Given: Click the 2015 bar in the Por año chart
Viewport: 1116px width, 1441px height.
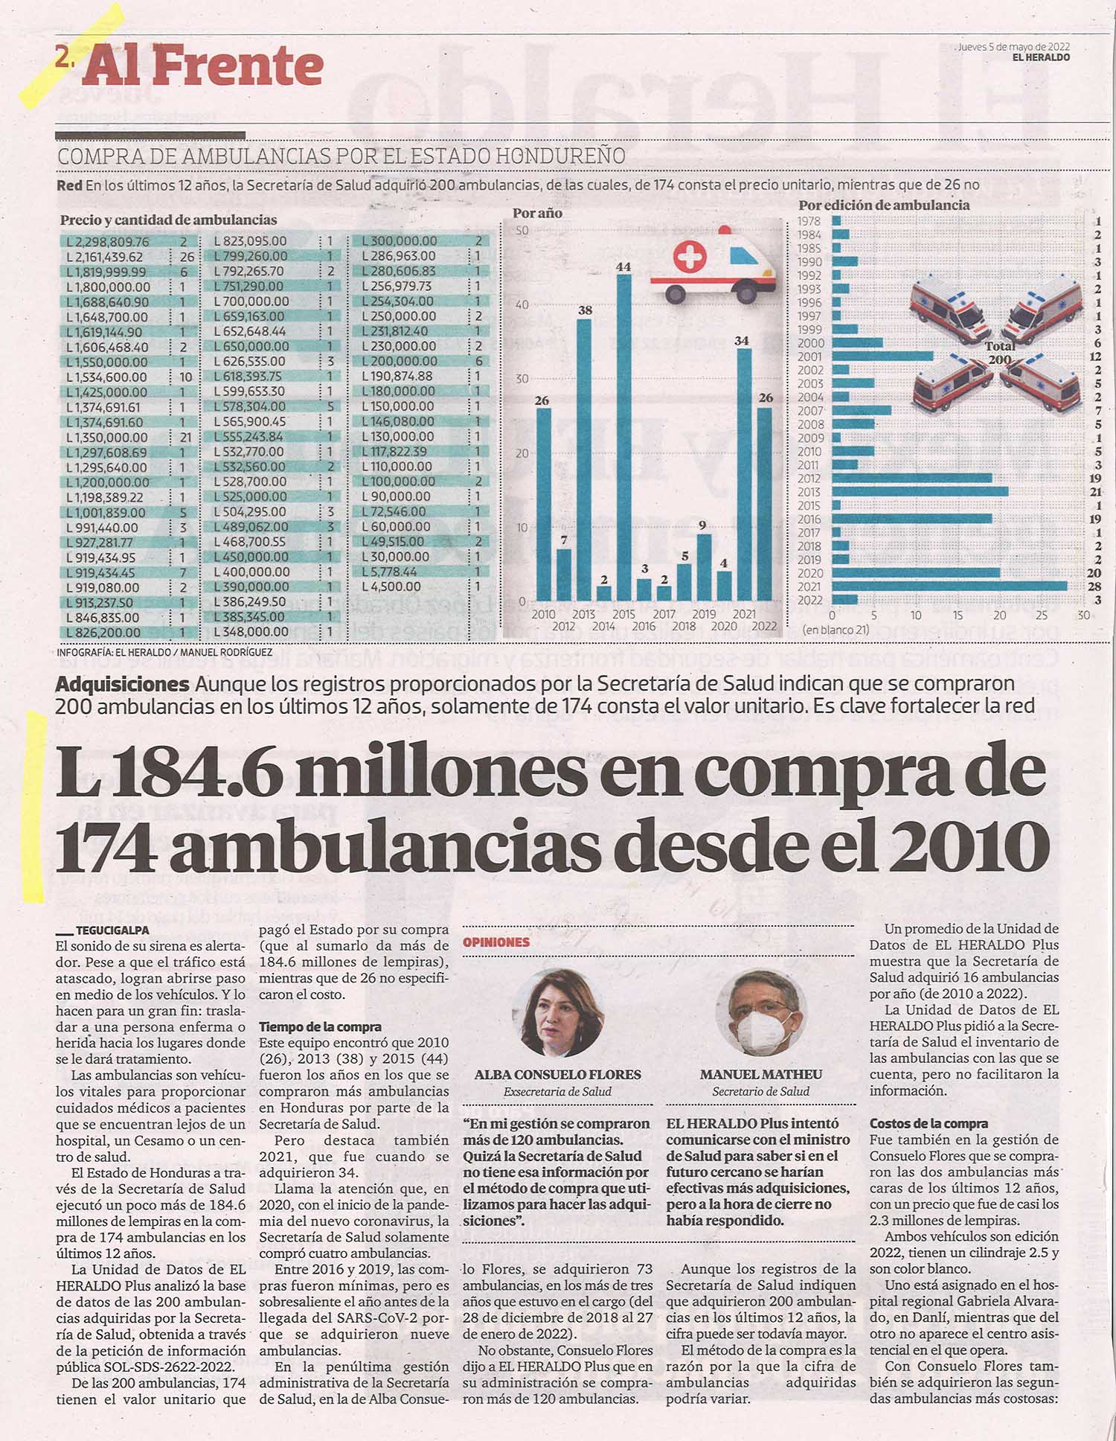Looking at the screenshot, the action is pyautogui.click(x=624, y=438).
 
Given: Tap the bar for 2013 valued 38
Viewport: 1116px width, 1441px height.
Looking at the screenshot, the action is pyautogui.click(x=584, y=460).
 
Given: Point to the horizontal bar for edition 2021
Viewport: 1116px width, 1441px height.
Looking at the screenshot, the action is pyautogui.click(x=949, y=587).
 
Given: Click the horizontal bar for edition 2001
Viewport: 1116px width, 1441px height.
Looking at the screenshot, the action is pyautogui.click(x=882, y=357).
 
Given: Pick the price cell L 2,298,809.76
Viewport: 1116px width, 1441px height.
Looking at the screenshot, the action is pyautogui.click(x=107, y=242).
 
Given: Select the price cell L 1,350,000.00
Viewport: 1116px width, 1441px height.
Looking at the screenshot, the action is pyautogui.click(x=107, y=438).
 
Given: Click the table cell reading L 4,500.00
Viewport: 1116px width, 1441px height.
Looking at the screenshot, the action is pyautogui.click(x=391, y=587).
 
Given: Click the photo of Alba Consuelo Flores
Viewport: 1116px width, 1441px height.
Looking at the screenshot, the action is pyautogui.click(x=558, y=1013).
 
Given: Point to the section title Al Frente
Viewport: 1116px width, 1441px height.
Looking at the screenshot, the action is pyautogui.click(x=202, y=66).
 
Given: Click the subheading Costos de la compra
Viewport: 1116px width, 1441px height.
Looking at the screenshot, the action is pyautogui.click(x=929, y=1124).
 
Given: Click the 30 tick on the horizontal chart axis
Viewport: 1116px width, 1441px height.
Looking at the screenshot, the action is pyautogui.click(x=1083, y=616).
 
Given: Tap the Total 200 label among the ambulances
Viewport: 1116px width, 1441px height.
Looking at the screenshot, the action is pyautogui.click(x=999, y=353).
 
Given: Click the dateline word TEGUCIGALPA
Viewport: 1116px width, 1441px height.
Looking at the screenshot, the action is pyautogui.click(x=112, y=930).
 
